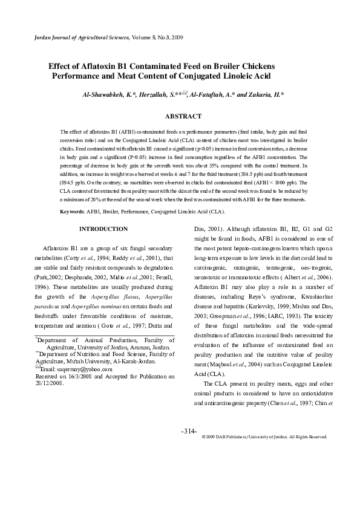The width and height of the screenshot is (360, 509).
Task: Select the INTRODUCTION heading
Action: tap(103, 229)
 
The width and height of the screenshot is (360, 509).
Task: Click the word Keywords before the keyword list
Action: tap(72, 212)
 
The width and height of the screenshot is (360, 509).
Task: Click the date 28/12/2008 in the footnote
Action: tap(49, 383)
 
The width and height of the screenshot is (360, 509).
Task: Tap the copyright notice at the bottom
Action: tap(264, 436)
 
